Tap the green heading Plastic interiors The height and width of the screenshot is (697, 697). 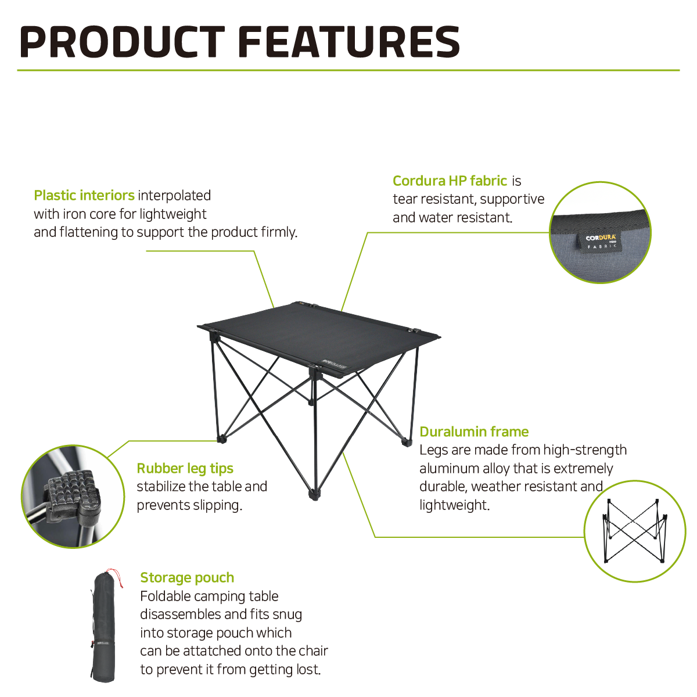pyautogui.click(x=84, y=195)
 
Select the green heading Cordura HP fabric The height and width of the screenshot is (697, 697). pyautogui.click(x=450, y=181)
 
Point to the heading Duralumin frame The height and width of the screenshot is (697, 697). pyautogui.click(x=474, y=432)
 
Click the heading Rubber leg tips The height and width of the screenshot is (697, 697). pyautogui.click(x=185, y=468)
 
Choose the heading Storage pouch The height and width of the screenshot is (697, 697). pyautogui.click(x=187, y=577)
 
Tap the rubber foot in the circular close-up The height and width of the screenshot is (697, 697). pyautogui.click(x=73, y=493)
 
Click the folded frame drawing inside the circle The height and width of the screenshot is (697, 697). pyautogui.click(x=635, y=531)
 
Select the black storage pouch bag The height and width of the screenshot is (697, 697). pyautogui.click(x=104, y=627)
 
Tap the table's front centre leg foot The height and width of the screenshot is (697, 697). pyautogui.click(x=314, y=494)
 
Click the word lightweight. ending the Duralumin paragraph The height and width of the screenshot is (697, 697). pyautogui.click(x=454, y=505)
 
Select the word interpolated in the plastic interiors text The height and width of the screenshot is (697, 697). pyautogui.click(x=174, y=196)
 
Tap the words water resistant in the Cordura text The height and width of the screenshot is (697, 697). pyautogui.click(x=465, y=218)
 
